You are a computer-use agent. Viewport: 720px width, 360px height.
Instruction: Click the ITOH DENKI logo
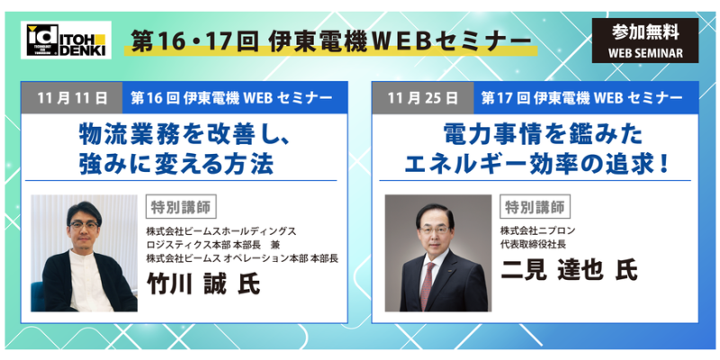[x=66, y=40]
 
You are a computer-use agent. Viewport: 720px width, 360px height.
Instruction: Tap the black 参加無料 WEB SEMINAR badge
[x=645, y=40]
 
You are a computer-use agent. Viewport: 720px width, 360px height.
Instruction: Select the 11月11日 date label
[x=72, y=98]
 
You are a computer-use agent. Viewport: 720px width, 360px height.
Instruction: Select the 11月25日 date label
[x=422, y=98]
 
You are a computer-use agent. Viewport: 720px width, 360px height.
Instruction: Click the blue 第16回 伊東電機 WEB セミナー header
[x=235, y=98]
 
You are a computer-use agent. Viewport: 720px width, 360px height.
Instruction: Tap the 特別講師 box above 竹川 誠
[x=181, y=207]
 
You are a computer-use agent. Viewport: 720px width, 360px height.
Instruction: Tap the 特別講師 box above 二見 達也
[x=535, y=207]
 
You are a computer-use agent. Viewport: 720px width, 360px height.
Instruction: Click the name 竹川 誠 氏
[x=203, y=283]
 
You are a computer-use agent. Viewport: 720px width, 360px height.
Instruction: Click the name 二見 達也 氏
[x=569, y=269]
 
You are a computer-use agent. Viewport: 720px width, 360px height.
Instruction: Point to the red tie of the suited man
[x=427, y=285]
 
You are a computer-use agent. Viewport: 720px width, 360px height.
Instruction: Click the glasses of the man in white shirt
[x=84, y=226]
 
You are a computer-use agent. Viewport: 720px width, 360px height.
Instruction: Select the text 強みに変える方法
[x=176, y=164]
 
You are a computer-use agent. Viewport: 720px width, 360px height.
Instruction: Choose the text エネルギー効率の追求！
[x=535, y=164]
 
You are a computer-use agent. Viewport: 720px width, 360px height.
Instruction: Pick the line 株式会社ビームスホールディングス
[x=221, y=230]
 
